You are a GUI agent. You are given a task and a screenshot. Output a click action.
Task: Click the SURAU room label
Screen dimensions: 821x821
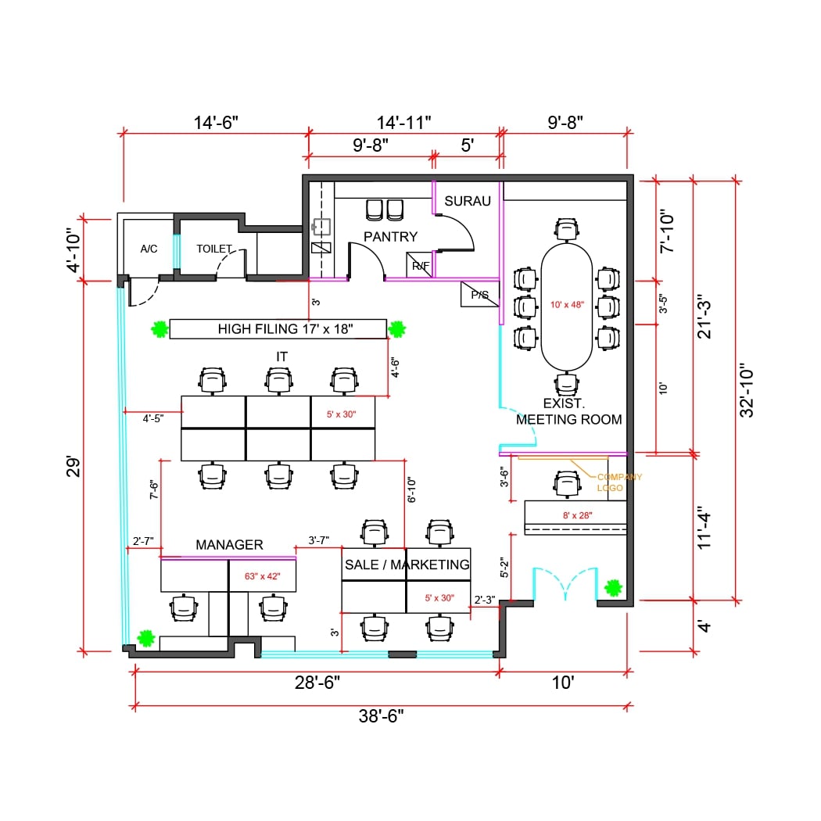pos(468,201)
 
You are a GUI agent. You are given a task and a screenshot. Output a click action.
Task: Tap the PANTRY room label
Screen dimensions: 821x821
pos(390,236)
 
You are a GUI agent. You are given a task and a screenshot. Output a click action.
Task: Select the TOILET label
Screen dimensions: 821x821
pos(214,249)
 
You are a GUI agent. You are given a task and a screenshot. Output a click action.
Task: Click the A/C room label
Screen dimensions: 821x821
pos(149,249)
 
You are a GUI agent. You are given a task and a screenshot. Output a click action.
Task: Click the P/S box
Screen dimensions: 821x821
pos(479,295)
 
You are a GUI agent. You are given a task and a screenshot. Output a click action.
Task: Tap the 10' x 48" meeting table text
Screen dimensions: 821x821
pos(567,305)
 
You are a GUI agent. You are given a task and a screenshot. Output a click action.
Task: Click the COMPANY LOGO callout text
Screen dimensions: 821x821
pos(619,482)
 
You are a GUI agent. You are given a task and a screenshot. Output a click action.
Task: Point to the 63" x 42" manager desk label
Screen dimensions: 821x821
pos(262,576)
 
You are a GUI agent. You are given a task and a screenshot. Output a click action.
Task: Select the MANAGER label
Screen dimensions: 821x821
pos(229,544)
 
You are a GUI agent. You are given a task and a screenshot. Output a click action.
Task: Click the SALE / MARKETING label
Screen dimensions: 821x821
pos(407,565)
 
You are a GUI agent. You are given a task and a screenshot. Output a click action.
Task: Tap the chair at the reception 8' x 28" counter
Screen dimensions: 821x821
pos(566,484)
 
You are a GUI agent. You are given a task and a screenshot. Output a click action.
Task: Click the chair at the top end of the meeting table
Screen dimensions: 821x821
pos(567,229)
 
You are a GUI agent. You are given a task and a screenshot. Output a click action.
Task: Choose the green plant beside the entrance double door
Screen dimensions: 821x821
pos(614,586)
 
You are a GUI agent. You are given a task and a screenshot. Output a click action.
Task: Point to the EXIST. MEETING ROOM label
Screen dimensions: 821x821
pos(568,411)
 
